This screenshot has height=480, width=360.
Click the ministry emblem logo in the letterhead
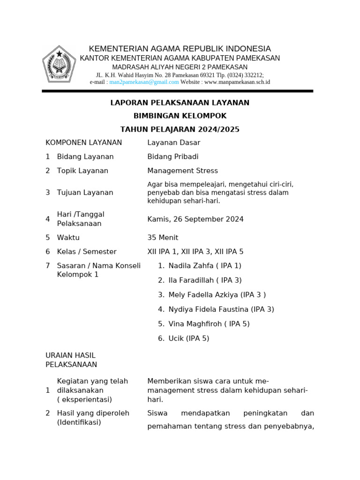tap(59, 64)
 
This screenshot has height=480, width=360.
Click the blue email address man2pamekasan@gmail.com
tap(144, 82)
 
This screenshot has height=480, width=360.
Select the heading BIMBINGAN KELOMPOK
tap(180, 116)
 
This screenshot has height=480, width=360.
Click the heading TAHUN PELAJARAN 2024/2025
tap(180, 129)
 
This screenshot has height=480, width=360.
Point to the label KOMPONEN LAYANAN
tap(83, 142)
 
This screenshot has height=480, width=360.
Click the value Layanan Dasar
tap(173, 142)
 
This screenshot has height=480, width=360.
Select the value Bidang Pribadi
tap(172, 157)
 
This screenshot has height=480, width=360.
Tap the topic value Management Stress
tap(182, 171)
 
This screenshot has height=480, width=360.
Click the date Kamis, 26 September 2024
tap(195, 219)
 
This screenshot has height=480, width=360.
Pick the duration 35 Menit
tap(163, 238)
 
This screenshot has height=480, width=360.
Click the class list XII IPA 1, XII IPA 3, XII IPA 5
tap(195, 252)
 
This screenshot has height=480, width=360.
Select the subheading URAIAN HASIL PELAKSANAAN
tap(71, 360)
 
